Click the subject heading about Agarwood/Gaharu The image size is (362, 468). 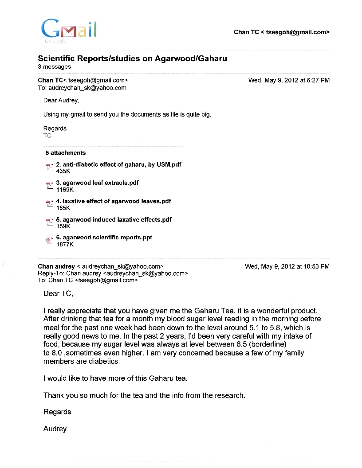[132, 58]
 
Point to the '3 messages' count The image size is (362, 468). [54, 67]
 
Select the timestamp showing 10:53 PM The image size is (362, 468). [287, 267]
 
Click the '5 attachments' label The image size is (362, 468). [65, 153]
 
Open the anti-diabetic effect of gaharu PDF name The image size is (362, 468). [118, 164]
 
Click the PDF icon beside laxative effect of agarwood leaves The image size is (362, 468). [49, 204]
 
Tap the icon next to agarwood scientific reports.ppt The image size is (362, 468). [49, 240]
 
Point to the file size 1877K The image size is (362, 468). [65, 244]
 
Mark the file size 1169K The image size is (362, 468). [65, 190]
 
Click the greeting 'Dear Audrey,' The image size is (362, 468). [61, 101]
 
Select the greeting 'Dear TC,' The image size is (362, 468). [58, 293]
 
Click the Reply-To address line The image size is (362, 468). [113, 273]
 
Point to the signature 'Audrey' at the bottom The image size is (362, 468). [55, 429]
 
